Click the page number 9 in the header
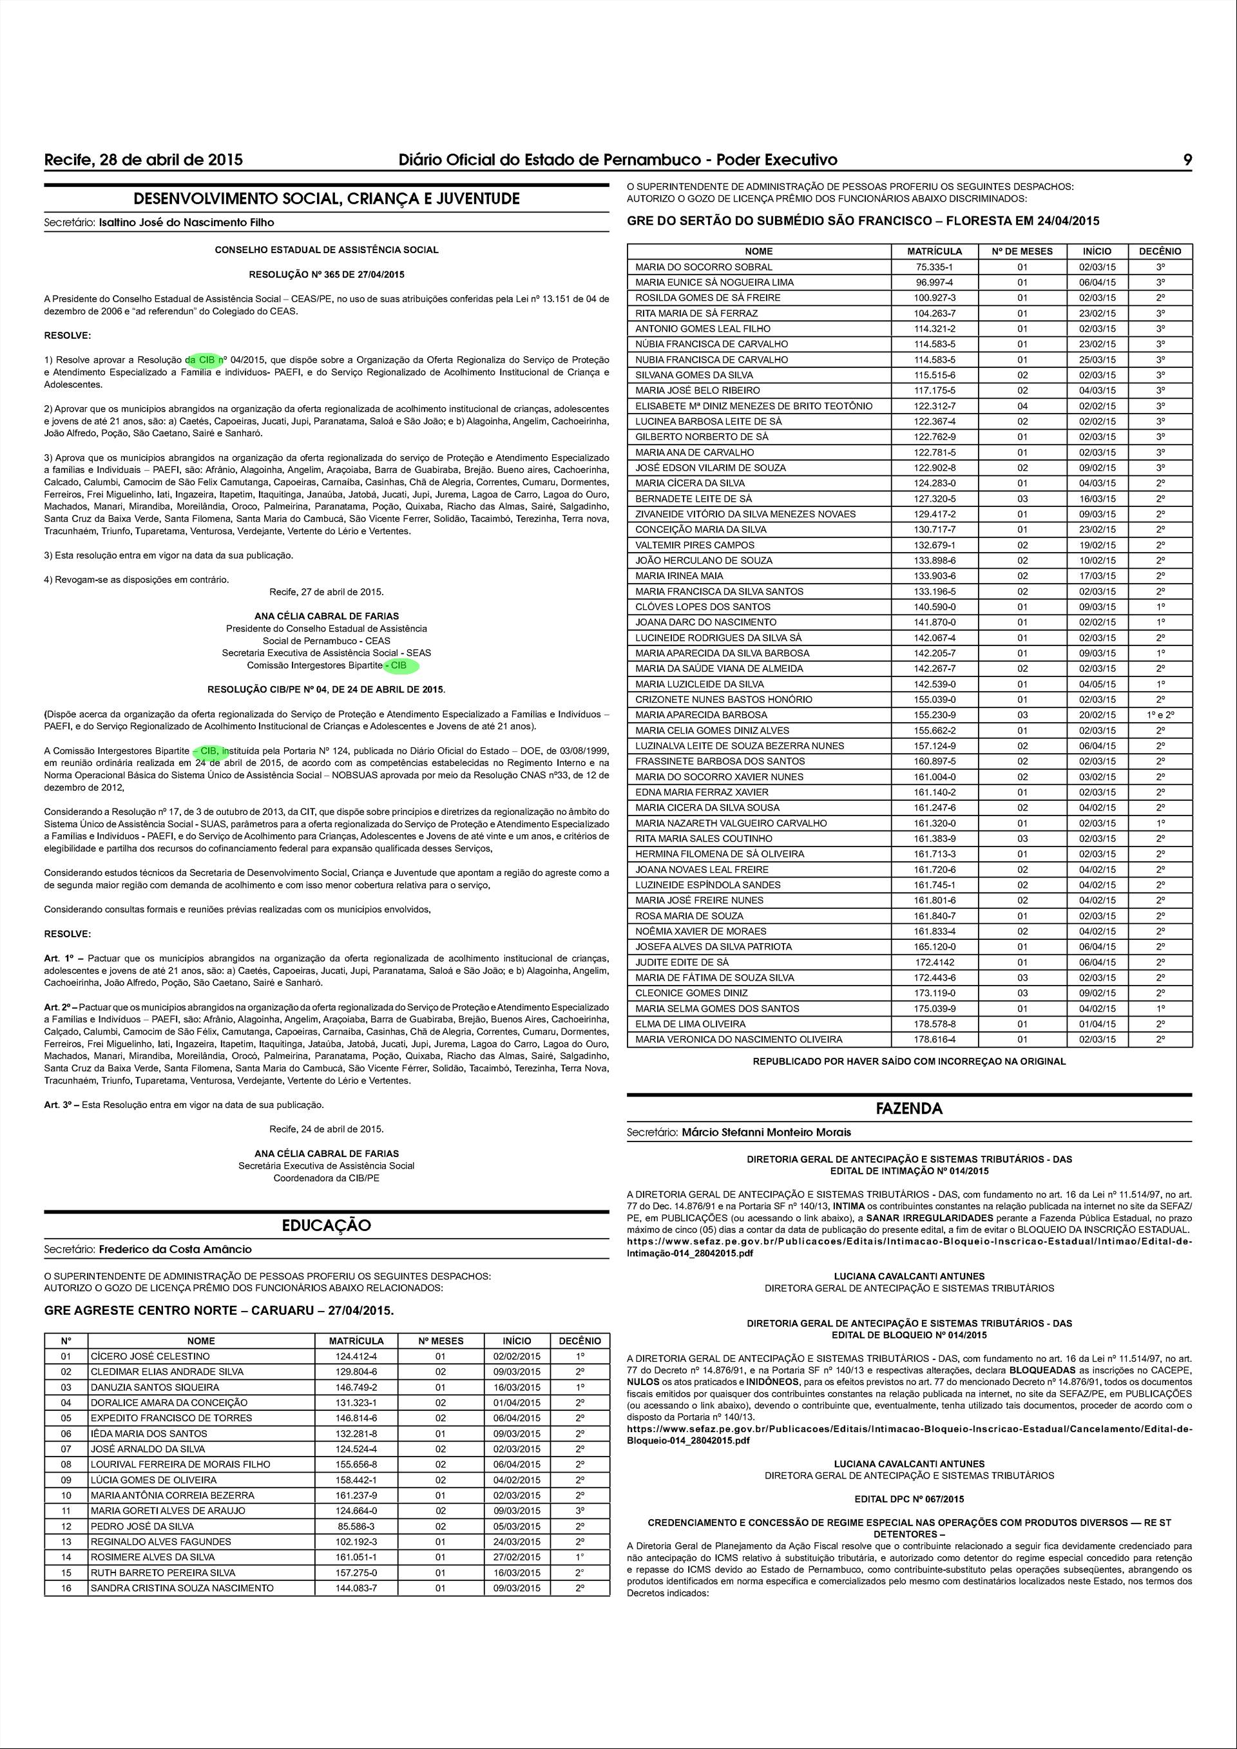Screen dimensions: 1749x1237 click(x=1187, y=160)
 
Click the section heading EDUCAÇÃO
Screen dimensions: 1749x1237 click(x=327, y=1226)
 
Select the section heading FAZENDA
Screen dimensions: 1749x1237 click(x=908, y=1109)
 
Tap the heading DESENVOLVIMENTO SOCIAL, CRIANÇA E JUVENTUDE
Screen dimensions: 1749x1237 click(x=327, y=199)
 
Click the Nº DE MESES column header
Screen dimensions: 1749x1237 click(x=1022, y=251)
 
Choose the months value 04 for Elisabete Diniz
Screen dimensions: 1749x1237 click(x=1022, y=406)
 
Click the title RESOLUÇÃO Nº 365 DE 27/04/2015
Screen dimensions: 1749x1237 click(x=327, y=274)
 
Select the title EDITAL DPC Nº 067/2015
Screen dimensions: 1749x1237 click(x=908, y=1500)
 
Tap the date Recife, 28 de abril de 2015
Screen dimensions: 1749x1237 click(x=144, y=160)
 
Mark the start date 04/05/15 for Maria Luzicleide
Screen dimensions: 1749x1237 click(x=1097, y=684)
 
